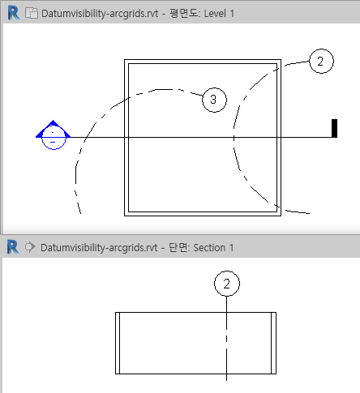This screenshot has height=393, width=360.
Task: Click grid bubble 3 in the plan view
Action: click(214, 100)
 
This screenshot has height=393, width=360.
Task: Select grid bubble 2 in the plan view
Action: click(321, 61)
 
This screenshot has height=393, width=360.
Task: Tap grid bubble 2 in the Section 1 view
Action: click(227, 284)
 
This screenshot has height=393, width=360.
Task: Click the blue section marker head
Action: click(54, 135)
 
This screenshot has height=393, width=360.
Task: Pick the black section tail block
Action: click(334, 128)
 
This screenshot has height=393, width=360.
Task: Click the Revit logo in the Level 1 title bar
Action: click(14, 13)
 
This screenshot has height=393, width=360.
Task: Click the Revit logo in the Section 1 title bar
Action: click(13, 247)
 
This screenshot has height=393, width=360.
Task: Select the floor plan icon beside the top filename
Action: click(32, 13)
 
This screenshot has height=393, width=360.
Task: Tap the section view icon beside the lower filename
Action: click(30, 247)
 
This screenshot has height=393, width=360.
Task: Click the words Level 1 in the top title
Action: click(219, 14)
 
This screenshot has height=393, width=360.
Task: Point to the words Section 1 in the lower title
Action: click(213, 248)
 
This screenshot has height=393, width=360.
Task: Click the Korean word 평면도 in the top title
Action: click(184, 13)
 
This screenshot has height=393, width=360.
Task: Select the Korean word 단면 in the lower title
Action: click(178, 247)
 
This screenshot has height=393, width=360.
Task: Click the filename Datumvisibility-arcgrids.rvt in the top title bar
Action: click(100, 14)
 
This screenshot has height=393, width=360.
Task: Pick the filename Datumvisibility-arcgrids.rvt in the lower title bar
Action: click(99, 248)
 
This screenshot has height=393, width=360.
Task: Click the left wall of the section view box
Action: click(118, 343)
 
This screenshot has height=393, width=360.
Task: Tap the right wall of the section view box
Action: click(273, 343)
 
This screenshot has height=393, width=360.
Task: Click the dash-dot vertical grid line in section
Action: click(226, 339)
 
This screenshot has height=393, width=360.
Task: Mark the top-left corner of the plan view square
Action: click(124, 60)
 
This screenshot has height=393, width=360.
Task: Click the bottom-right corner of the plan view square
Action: click(281, 216)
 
